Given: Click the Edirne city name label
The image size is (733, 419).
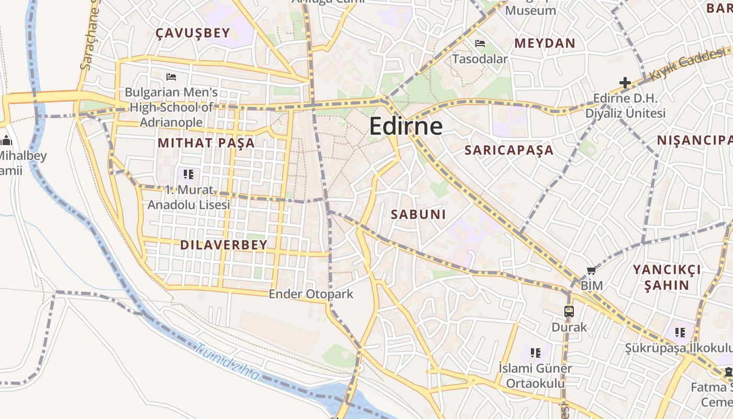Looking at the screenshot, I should click(x=406, y=127).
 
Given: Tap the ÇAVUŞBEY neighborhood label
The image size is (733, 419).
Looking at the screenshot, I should click(x=193, y=34).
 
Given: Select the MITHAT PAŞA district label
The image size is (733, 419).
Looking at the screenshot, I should click(x=206, y=143).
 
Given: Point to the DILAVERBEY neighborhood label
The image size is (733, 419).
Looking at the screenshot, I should click(x=224, y=245).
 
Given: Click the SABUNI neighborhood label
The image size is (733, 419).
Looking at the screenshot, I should click(x=418, y=214).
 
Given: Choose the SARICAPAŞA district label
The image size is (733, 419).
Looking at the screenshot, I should click(x=509, y=150).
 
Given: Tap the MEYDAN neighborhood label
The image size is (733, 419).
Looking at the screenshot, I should click(x=545, y=43).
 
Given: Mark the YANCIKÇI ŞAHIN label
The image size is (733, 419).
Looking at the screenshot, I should click(x=667, y=278).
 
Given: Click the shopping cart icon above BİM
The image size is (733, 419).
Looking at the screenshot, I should click(x=592, y=271).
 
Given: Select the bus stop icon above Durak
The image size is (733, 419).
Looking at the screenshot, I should click(x=569, y=312).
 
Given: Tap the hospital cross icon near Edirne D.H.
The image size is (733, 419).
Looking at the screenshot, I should click(x=625, y=83).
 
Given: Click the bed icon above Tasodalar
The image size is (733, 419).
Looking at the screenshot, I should click(x=480, y=43).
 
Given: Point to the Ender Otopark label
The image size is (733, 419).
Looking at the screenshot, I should click(x=311, y=294).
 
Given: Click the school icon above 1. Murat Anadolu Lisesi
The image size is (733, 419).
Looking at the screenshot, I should click(x=188, y=174).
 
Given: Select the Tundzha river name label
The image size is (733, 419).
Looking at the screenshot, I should click(x=229, y=361).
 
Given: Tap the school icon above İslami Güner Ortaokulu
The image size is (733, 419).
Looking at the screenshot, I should click(x=535, y=352).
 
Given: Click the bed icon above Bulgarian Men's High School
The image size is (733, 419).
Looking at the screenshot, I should click(x=171, y=77).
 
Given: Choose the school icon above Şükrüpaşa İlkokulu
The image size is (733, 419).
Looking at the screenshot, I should click(x=680, y=332).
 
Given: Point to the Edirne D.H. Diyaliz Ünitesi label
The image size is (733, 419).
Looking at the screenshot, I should click(x=625, y=106).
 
